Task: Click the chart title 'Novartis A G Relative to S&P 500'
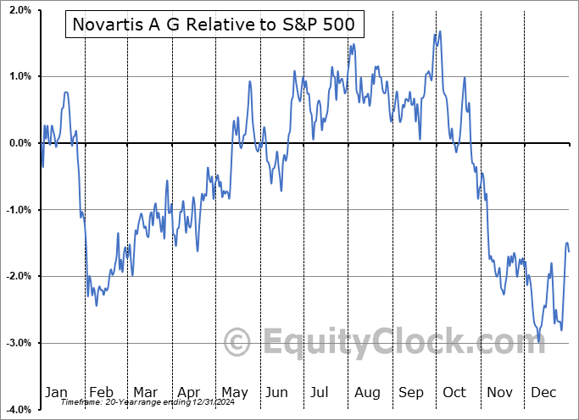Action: tap(214, 26)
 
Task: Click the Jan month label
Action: tap(56, 392)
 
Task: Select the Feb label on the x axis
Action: tap(101, 392)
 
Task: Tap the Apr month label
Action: tap(189, 392)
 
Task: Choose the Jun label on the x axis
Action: tap(277, 392)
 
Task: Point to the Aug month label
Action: tap(367, 392)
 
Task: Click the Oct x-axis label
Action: tap(455, 392)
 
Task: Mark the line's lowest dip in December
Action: tap(539, 341)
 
